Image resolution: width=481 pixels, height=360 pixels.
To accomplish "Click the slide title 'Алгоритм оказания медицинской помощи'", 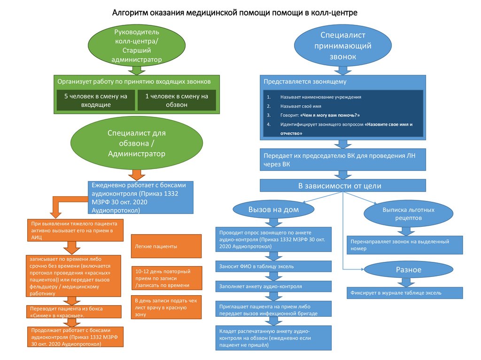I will tap(235, 12).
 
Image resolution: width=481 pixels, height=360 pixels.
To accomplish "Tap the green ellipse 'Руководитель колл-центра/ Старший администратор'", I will tap(137, 46).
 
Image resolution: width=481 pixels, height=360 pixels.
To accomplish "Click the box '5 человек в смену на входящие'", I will tap(96, 100).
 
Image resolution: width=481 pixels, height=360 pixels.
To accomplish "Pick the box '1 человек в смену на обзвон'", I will tap(177, 100).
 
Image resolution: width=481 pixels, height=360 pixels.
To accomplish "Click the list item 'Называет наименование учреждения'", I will tap(320, 97).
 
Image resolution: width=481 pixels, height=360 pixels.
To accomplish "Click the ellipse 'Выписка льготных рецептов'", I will tap(401, 214).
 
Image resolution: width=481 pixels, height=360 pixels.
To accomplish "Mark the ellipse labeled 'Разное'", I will tap(401, 269).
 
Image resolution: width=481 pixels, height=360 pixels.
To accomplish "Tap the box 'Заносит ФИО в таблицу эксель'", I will tap(274, 266).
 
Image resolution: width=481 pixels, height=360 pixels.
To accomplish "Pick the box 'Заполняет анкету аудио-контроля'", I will tap(274, 286).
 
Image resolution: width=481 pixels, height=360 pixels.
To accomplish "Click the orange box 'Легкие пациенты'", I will tap(166, 246).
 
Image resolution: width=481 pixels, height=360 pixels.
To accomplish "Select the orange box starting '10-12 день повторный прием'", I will tap(166, 278).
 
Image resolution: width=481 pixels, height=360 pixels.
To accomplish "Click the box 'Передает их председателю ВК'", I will tap(343, 160).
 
